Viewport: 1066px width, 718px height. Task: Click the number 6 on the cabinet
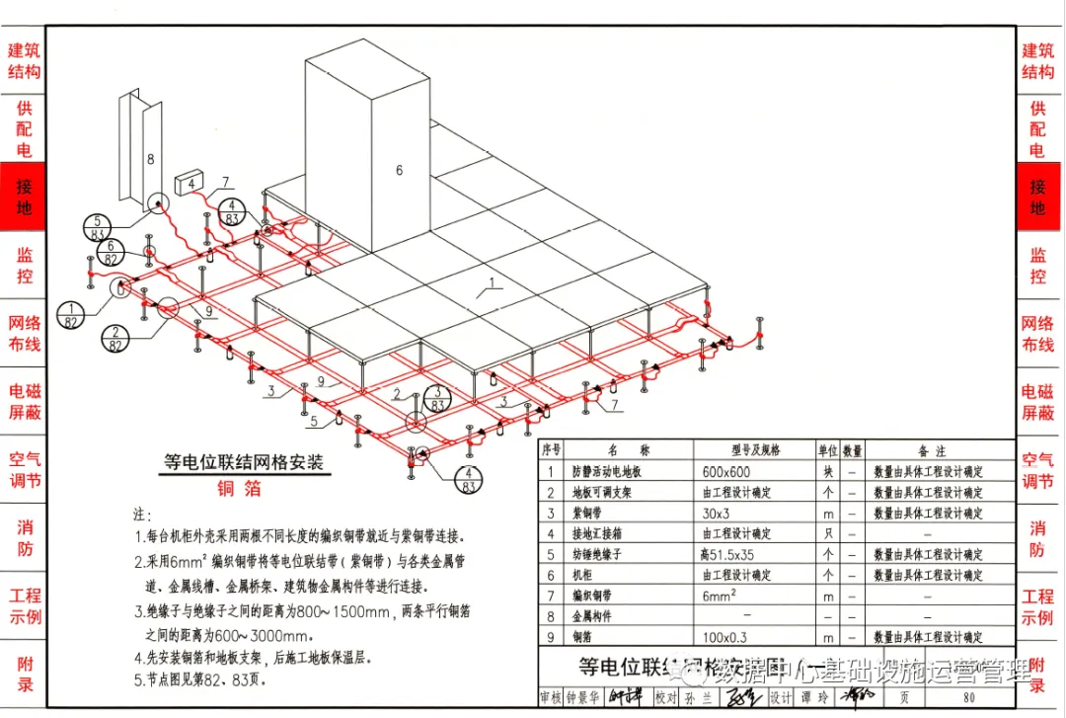coord(399,170)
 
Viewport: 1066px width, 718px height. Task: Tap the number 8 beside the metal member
coord(151,158)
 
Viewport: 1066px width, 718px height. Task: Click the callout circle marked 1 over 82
coord(71,314)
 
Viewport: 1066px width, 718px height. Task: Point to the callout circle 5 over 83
coord(98,227)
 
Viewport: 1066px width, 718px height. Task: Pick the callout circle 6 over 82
coord(112,253)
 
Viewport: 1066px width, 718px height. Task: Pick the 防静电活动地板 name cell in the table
coord(612,472)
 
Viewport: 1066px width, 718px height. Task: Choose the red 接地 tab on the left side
coord(24,197)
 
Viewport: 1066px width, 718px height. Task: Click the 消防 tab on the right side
coord(1037,538)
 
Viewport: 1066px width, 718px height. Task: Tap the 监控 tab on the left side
coord(24,265)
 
